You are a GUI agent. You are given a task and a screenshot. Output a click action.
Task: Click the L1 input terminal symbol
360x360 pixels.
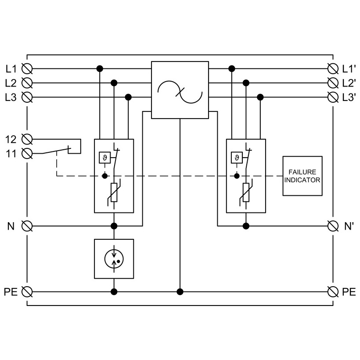tap(27, 68)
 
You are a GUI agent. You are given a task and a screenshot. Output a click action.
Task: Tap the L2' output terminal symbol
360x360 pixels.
tap(333, 83)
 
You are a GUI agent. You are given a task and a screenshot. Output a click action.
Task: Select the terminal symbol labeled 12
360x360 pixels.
tap(27, 139)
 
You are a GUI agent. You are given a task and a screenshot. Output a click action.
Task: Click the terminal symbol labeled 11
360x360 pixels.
tap(27, 153)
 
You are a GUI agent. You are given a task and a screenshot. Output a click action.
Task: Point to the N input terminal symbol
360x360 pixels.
tap(27, 226)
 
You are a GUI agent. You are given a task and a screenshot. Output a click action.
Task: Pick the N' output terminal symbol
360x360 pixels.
tap(333, 226)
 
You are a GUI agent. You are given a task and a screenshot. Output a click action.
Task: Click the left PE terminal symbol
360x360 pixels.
tap(27, 292)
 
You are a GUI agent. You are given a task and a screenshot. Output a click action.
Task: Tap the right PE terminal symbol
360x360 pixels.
tap(333, 292)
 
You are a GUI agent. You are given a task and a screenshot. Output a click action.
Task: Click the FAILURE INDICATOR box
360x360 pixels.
tap(302, 176)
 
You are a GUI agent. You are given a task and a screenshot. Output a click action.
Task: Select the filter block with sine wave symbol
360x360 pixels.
tap(180, 90)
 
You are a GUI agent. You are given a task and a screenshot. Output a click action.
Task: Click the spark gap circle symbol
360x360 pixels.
tap(114, 259)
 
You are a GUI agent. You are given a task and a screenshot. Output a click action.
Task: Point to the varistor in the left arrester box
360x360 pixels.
tap(114, 192)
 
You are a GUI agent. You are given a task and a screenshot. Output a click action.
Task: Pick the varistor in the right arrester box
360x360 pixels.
tap(246, 192)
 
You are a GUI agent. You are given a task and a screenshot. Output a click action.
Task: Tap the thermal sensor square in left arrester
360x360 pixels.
tap(104, 158)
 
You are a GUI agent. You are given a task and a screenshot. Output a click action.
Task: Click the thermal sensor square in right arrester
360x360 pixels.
tap(237, 158)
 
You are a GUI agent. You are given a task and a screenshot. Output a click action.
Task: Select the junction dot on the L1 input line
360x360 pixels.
tap(100, 68)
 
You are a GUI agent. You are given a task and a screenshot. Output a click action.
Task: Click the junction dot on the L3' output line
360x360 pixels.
tap(260, 97)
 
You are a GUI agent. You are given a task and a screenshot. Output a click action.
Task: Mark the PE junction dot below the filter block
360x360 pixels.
tap(180, 292)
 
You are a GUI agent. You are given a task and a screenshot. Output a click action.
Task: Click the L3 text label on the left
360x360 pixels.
tap(11, 97)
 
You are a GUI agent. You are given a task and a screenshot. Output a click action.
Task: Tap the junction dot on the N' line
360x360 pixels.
tap(246, 226)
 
